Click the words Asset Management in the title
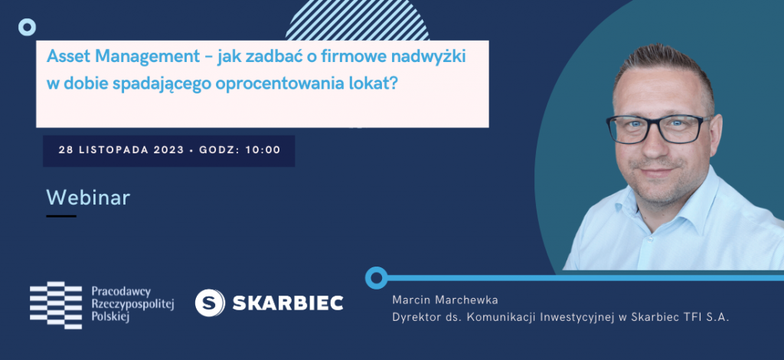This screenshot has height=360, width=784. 122,57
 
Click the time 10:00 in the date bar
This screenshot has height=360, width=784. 263,150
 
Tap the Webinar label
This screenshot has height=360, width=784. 88,198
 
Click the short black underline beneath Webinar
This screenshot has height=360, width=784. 61,216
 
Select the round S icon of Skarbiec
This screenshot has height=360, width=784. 210,303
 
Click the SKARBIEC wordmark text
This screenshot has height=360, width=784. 288,303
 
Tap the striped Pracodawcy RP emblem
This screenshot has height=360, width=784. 55,305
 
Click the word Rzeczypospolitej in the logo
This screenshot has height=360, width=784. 132,304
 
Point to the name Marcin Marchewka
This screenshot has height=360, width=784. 446,300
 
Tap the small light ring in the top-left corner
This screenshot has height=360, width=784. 27,27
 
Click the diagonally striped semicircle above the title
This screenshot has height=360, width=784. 358,20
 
